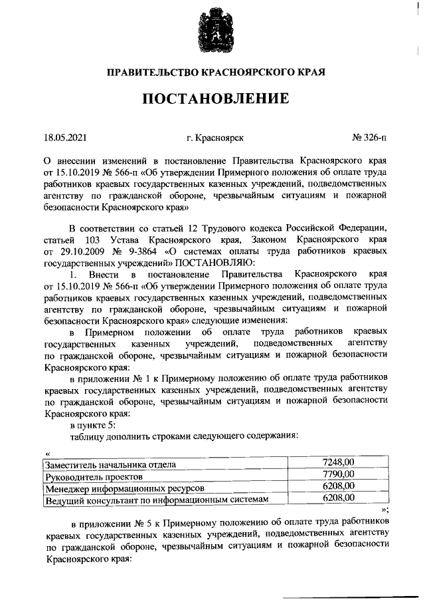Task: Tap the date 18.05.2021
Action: coord(65,138)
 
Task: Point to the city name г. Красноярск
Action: coord(215,138)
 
